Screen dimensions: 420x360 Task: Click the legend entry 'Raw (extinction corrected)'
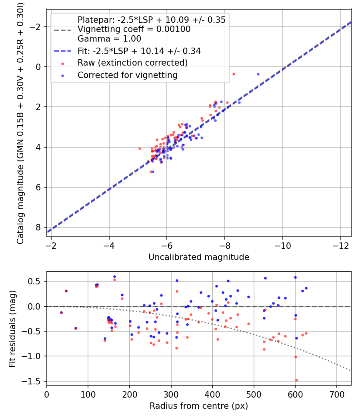click(x=132, y=63)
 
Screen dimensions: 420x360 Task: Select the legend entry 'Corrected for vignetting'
click(x=127, y=75)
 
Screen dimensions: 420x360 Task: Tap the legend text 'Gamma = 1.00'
click(x=109, y=39)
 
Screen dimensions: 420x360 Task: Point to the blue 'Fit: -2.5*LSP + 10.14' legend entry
click(x=139, y=51)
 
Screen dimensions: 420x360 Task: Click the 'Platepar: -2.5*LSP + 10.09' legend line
click(x=151, y=20)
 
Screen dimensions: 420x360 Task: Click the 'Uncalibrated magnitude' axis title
click(x=199, y=257)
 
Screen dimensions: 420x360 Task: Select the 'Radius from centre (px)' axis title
click(x=199, y=406)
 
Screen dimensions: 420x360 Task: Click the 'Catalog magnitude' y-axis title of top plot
click(x=20, y=123)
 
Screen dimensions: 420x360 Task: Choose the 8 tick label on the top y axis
click(x=39, y=227)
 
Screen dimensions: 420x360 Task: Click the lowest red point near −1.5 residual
click(x=296, y=380)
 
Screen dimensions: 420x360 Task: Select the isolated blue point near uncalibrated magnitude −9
click(x=258, y=74)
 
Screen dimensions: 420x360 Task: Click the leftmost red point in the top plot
click(x=140, y=148)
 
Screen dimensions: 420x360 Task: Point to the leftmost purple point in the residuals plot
click(x=61, y=312)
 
